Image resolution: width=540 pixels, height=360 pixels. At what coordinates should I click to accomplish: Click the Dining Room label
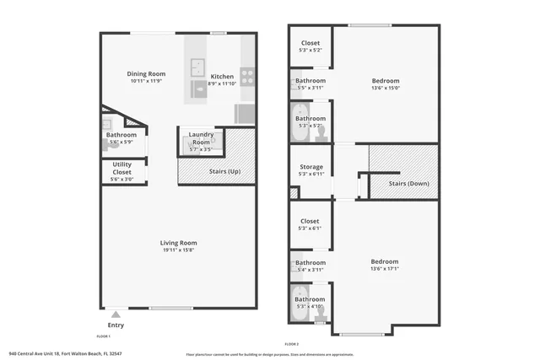point(146,73)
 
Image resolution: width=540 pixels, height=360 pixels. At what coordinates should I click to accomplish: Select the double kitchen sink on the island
point(197,68)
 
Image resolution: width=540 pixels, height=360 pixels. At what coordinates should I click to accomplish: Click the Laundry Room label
point(201,138)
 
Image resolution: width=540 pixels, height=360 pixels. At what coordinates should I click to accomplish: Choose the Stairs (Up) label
point(223,172)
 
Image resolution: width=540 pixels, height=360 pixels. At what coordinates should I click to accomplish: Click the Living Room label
point(179,243)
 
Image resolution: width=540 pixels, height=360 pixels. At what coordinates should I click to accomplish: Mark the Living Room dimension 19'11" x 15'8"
point(179,250)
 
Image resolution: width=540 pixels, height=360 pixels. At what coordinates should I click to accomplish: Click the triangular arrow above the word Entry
point(116,314)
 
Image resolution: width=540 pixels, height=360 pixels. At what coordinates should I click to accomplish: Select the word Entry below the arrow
point(116,325)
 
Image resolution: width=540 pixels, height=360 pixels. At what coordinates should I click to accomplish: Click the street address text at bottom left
point(65,353)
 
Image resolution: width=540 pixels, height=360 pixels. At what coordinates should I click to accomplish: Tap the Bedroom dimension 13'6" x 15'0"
point(385,87)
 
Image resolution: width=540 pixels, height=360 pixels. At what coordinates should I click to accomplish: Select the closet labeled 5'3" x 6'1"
point(310,228)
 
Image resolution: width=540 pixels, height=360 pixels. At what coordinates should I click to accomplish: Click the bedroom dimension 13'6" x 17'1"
point(385,269)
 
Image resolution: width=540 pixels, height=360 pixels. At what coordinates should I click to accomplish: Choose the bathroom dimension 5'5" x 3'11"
point(310,88)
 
